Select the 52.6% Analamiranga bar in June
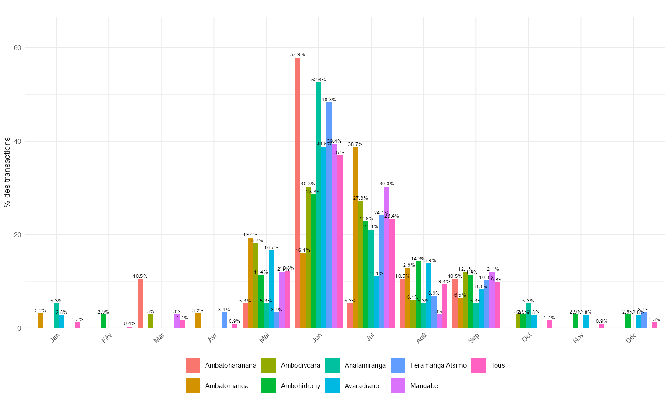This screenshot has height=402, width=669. [318, 205]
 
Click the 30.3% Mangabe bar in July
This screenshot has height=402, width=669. [387, 257]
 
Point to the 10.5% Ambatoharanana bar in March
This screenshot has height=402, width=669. [140, 304]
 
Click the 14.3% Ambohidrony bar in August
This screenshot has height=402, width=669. [418, 295]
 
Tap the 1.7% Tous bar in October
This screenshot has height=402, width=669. [549, 324]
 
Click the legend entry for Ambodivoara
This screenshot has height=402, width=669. [300, 365]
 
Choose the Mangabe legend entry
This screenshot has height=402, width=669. [424, 386]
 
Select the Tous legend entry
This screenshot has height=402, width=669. [498, 365]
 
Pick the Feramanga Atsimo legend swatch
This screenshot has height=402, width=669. [398, 365]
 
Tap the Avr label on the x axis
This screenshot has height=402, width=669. [212, 339]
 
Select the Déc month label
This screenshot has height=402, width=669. [631, 339]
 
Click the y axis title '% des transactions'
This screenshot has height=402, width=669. [7, 172]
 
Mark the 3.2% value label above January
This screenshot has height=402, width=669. [41, 310]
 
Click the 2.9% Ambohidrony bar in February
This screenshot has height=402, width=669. [104, 322]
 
